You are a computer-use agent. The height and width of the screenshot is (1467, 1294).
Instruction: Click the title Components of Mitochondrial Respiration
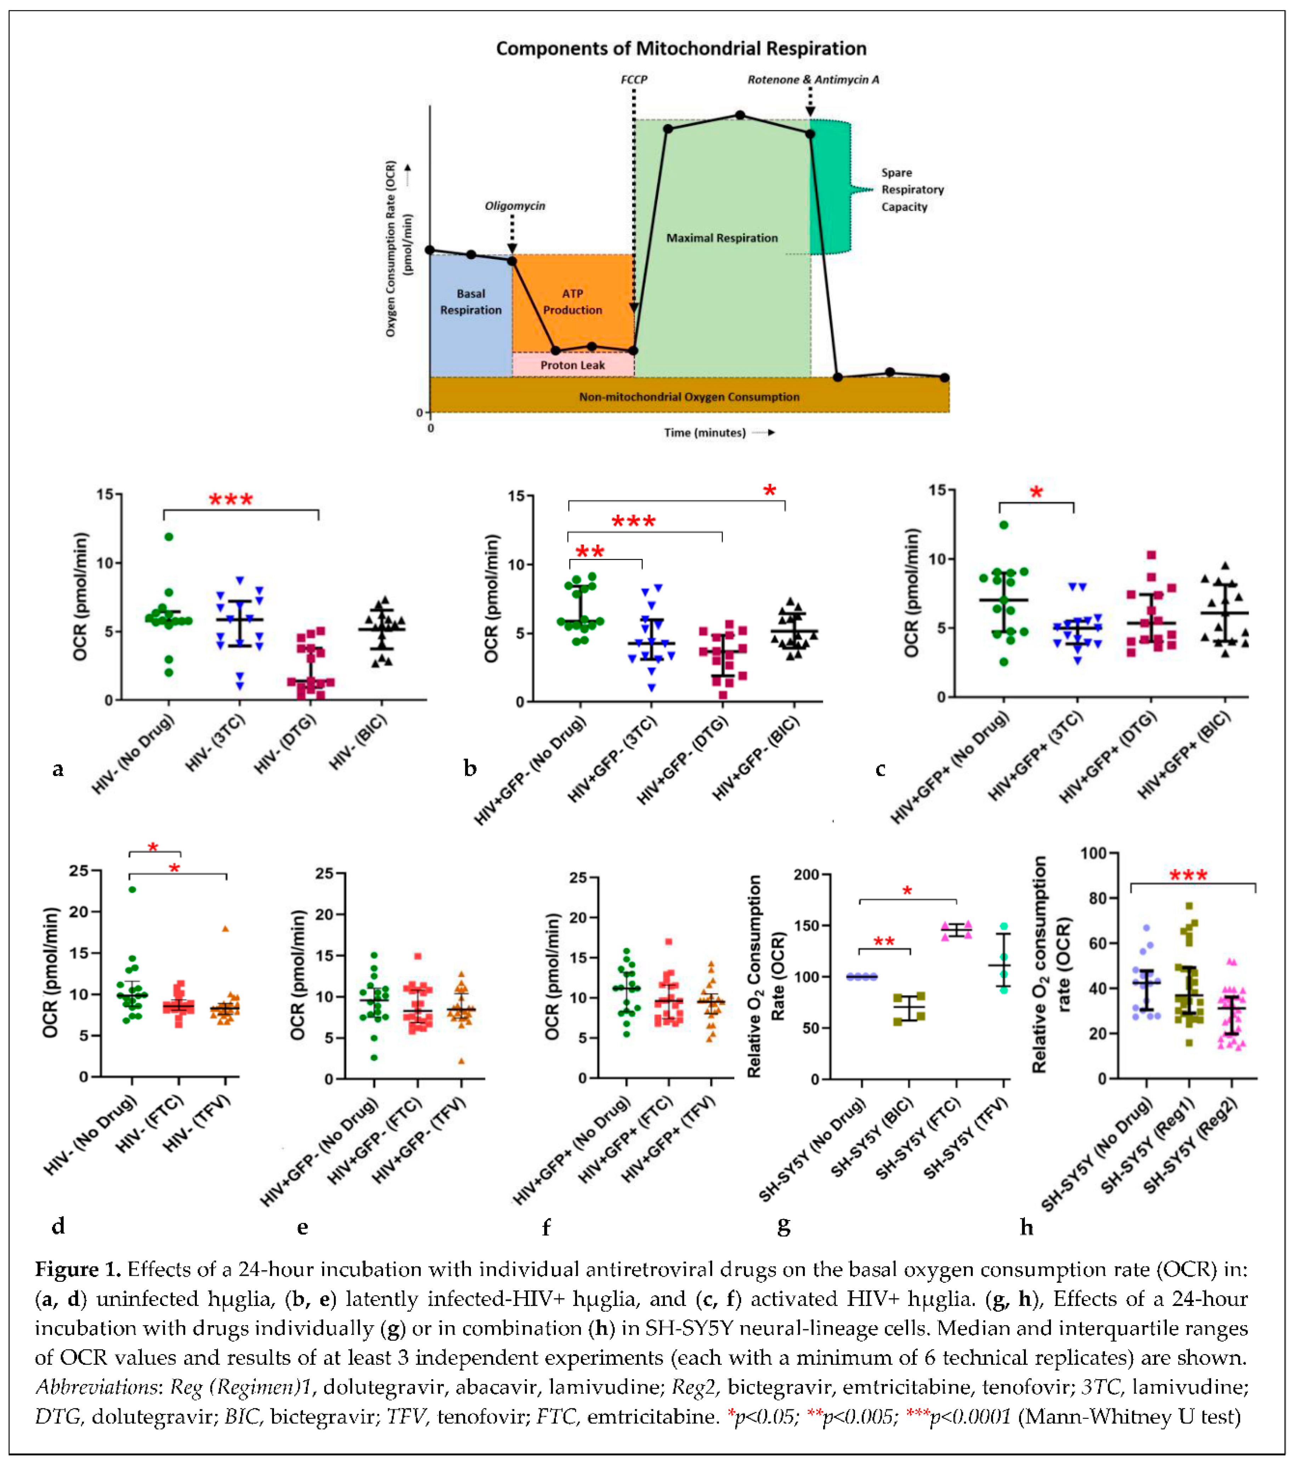point(681,49)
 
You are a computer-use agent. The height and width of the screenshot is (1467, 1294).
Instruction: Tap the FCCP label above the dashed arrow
point(633,80)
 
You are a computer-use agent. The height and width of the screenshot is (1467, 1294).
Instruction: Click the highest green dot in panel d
point(132,889)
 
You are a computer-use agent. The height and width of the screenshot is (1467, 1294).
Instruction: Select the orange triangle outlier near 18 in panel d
point(226,929)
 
